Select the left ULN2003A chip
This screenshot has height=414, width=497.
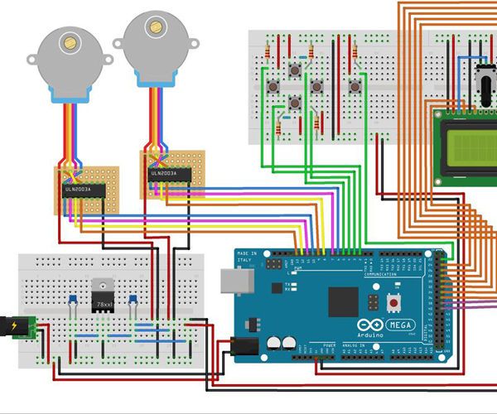84,190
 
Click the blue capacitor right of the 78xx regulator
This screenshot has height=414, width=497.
133,300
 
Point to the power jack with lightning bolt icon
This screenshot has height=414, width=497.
16,326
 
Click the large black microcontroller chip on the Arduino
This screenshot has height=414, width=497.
343,301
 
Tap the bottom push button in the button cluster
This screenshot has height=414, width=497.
295,103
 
